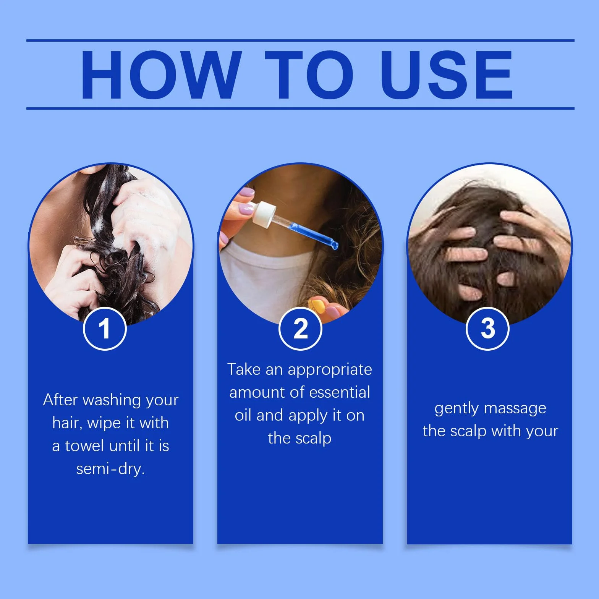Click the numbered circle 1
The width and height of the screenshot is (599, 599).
pyautogui.click(x=105, y=329)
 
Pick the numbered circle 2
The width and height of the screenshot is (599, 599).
pyautogui.click(x=300, y=329)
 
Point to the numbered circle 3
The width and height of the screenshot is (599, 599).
pyautogui.click(x=487, y=329)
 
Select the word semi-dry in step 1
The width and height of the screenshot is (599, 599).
pyautogui.click(x=110, y=469)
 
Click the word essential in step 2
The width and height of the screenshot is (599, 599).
pyautogui.click(x=340, y=392)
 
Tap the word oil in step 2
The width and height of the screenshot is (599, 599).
pyautogui.click(x=243, y=415)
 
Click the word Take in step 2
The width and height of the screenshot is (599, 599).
pyautogui.click(x=244, y=369)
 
